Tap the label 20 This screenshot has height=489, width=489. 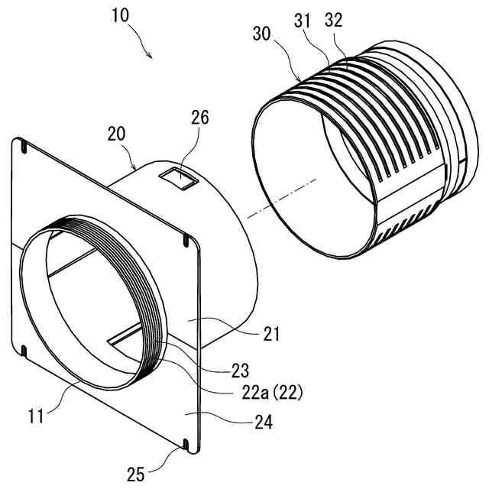(117, 134)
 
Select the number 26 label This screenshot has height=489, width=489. (201, 117)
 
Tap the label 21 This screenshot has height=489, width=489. (271, 334)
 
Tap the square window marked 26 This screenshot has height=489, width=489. (180, 178)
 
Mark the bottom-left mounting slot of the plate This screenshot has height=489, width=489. (25, 352)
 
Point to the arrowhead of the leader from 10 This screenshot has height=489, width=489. (151, 57)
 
